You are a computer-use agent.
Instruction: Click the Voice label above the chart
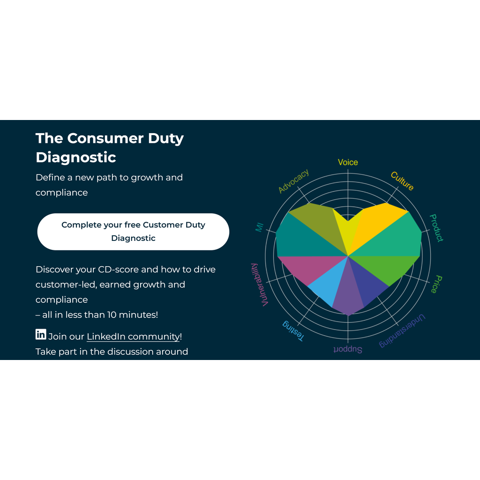[x=348, y=162]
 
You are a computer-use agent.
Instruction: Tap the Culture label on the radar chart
[x=402, y=181]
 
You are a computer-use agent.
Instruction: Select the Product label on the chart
[x=436, y=228]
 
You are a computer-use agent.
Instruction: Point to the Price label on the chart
[x=436, y=284]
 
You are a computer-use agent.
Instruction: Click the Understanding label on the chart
[x=402, y=331]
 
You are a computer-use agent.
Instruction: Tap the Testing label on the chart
[x=293, y=331]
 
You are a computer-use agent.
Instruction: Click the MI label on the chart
[x=259, y=227]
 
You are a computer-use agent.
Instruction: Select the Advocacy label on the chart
[x=293, y=181]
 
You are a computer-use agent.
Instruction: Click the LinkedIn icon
[x=41, y=334]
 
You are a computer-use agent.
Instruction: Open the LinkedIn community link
[x=133, y=337]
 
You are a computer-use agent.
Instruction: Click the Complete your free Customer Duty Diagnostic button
[x=133, y=232]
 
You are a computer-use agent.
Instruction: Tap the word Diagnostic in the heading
[x=76, y=157]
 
